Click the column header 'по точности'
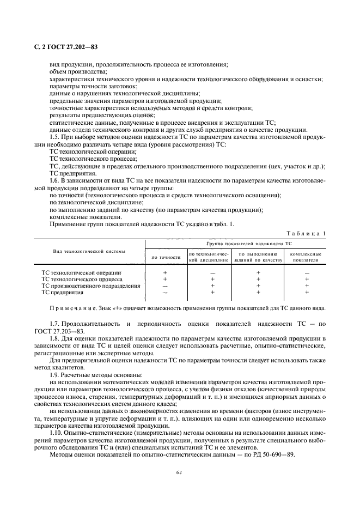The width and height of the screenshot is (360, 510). click(166, 257)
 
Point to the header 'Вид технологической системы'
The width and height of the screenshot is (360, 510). click(89, 251)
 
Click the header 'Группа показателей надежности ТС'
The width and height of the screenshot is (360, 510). click(249, 244)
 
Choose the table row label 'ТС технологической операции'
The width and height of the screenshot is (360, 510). click(82, 272)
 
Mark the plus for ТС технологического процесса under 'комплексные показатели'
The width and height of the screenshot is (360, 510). click(307, 279)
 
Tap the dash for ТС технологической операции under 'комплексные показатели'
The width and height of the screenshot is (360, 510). click(307, 272)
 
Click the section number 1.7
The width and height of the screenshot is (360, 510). click(56, 324)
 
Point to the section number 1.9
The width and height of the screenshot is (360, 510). click(56, 374)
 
